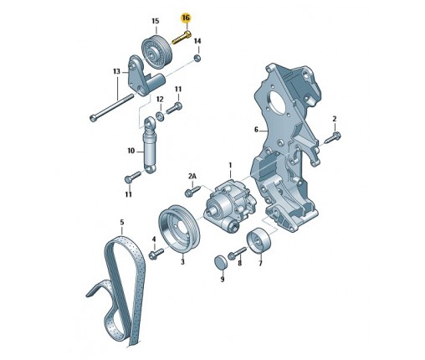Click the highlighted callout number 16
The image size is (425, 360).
(x=186, y=18)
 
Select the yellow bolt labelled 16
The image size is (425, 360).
(x=182, y=38)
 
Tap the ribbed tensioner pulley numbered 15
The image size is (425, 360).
(x=156, y=51)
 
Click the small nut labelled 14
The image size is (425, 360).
(x=197, y=59)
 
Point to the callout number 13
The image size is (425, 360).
(x=116, y=72)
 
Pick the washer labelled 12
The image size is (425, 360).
(x=160, y=115)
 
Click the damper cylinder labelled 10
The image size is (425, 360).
(x=150, y=145)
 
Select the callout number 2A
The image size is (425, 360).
(x=192, y=176)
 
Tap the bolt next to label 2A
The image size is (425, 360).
(x=193, y=191)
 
